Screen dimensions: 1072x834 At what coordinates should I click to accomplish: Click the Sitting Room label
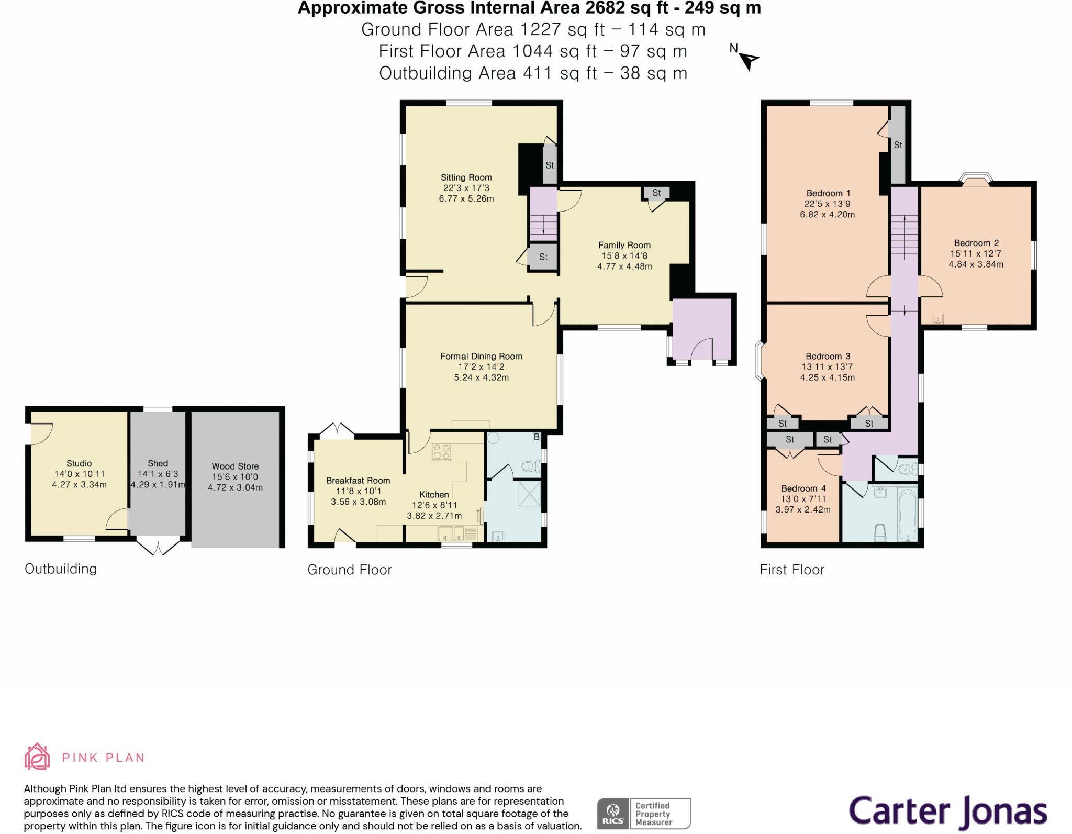pos(466,177)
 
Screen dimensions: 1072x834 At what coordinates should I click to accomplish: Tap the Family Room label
pos(624,245)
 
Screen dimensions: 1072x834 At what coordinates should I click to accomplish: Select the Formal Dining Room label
pos(481,357)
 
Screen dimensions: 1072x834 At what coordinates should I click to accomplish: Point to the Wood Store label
pos(235,466)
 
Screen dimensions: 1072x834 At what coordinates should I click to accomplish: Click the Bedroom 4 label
pos(803,488)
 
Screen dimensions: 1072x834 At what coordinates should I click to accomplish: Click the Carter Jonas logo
pos(948,811)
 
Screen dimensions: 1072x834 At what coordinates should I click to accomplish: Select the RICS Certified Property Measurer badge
pos(644,813)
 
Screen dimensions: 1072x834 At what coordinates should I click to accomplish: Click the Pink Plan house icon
pos(37,756)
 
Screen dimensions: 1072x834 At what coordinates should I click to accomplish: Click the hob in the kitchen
pos(441,452)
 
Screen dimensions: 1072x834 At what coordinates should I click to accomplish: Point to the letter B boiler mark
pos(537,437)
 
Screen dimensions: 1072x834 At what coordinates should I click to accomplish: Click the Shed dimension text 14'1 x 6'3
pos(158,474)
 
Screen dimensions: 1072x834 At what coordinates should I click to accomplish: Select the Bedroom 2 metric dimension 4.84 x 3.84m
pos(976,264)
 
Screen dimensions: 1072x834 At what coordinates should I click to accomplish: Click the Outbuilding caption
pos(61,569)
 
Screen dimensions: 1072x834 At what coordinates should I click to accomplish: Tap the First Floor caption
pos(792,570)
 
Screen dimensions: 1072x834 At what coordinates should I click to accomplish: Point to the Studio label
pos(79,463)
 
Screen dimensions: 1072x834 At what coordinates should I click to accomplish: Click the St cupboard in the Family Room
pos(656,193)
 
